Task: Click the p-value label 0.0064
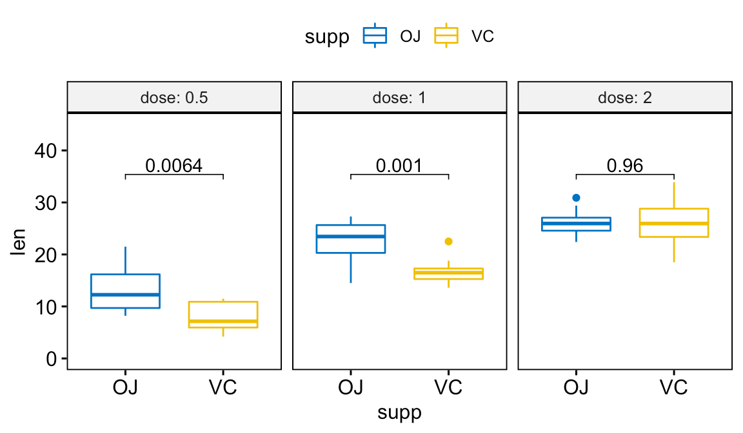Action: [173, 166]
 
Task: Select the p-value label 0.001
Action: [399, 166]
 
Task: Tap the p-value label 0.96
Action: [624, 166]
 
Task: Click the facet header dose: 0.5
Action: [173, 99]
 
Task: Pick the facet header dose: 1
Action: [399, 99]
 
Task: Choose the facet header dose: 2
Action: [624, 99]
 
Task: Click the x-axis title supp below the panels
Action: [399, 412]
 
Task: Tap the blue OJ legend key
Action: [375, 35]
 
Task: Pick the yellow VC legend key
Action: [446, 35]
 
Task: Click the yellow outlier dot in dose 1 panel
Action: [448, 241]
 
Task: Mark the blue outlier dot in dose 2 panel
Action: [576, 198]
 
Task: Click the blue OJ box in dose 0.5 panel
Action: [125, 291]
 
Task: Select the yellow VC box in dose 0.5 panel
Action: [223, 314]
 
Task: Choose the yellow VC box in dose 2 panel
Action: [673, 223]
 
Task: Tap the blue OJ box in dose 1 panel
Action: [351, 239]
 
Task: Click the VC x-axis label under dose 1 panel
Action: [448, 388]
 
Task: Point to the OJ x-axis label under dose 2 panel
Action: [576, 388]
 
